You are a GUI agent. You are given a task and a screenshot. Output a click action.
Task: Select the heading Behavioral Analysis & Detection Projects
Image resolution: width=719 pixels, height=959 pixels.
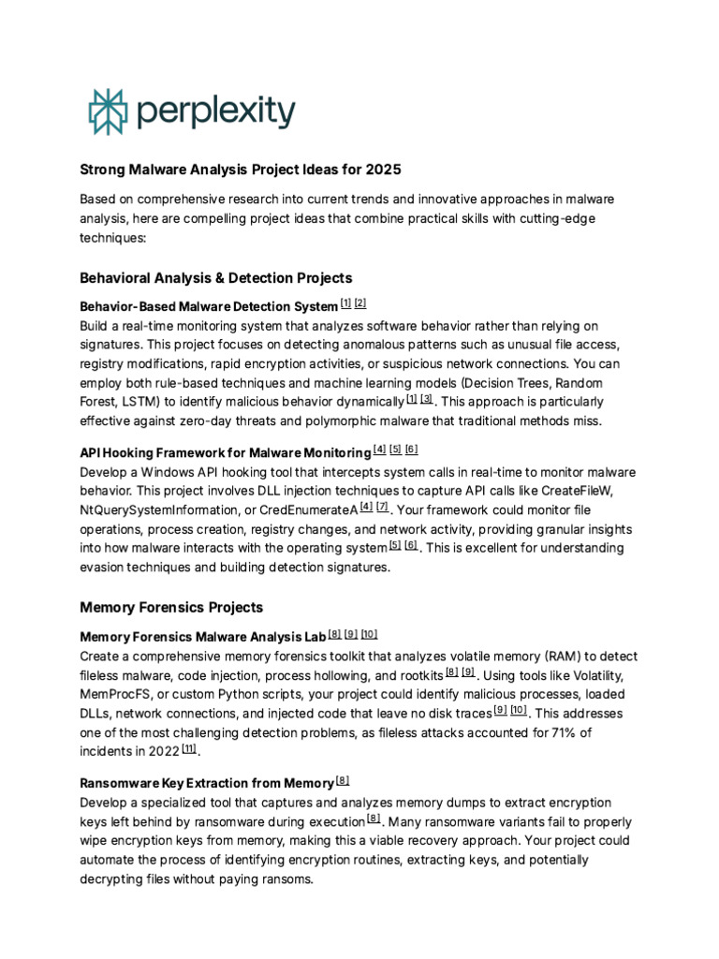pyautogui.click(x=216, y=278)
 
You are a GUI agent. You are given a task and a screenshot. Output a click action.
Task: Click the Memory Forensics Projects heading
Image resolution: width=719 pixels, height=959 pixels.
pyautogui.click(x=171, y=608)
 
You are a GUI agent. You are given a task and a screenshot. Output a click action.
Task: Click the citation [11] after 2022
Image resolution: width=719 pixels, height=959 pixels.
pyautogui.click(x=190, y=749)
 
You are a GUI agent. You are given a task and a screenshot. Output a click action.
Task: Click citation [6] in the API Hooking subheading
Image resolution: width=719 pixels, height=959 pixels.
pyautogui.click(x=412, y=449)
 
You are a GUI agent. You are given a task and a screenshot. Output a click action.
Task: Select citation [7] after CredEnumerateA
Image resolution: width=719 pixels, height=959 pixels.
pyautogui.click(x=382, y=507)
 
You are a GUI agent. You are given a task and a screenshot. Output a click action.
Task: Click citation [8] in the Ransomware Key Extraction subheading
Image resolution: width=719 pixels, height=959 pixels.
pyautogui.click(x=343, y=780)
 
